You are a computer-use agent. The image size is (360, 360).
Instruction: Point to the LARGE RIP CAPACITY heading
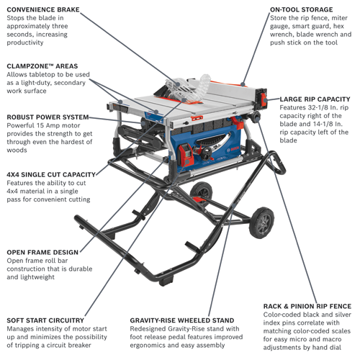[315, 99]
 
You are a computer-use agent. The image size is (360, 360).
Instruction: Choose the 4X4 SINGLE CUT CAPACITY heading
[51, 175]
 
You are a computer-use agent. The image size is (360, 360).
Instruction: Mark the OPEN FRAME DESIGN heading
[42, 252]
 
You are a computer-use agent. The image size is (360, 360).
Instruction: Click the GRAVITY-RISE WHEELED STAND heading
[181, 320]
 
